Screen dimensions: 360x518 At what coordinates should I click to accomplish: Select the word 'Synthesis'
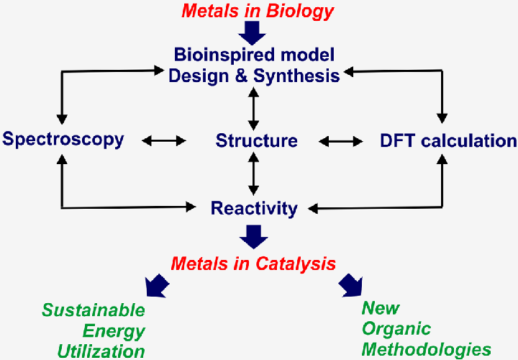click(x=296, y=75)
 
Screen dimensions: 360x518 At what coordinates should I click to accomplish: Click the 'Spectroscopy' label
click(x=63, y=139)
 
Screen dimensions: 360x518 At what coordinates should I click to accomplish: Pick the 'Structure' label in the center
click(x=256, y=140)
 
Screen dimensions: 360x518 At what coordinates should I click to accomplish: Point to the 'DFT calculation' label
click(x=448, y=140)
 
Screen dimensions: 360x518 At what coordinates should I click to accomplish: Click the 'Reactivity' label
click(x=254, y=208)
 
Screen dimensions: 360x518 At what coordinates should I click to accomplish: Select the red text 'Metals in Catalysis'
click(x=253, y=263)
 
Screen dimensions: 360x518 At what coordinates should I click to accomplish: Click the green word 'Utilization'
click(x=101, y=351)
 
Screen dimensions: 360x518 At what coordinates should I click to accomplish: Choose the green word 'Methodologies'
click(x=427, y=350)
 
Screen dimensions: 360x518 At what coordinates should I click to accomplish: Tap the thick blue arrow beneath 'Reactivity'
click(x=253, y=235)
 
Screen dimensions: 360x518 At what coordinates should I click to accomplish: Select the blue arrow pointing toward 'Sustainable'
click(x=158, y=286)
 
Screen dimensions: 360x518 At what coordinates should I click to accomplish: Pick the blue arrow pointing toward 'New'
click(x=351, y=285)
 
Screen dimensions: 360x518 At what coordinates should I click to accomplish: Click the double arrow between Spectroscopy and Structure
click(x=164, y=140)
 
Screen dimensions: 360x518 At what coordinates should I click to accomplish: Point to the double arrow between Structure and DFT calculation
click(x=340, y=141)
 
